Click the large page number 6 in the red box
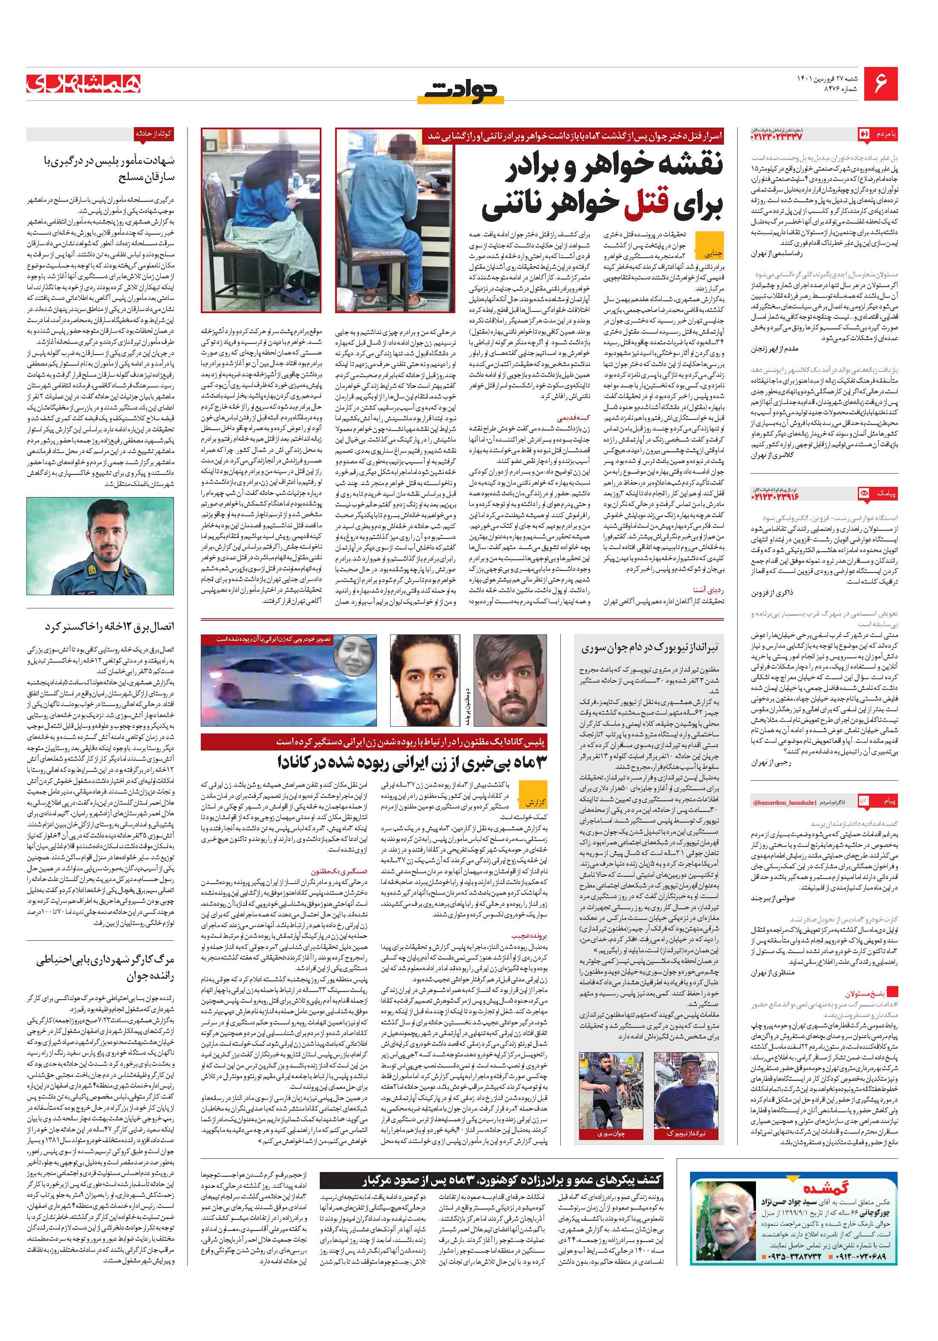click(881, 83)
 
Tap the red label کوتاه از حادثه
click(153, 134)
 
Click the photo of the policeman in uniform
click(100, 546)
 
